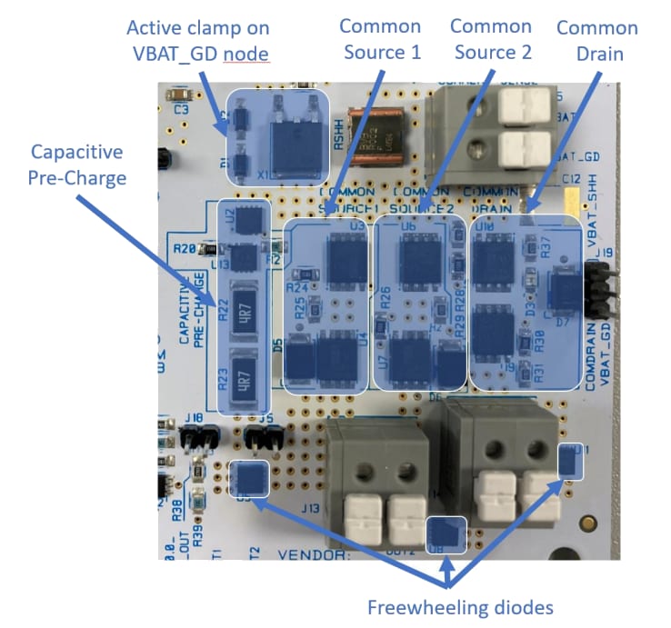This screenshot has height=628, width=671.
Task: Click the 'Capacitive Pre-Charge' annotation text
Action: (78, 164)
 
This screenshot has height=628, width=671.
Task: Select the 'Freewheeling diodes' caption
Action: (461, 606)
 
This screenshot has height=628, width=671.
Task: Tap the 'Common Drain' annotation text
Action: (596, 41)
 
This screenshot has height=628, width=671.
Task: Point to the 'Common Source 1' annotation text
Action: (381, 39)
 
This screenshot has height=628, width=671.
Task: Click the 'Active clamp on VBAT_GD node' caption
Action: (198, 41)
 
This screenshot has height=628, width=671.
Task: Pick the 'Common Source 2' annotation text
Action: (490, 39)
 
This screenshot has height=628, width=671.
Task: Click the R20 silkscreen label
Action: (185, 247)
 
